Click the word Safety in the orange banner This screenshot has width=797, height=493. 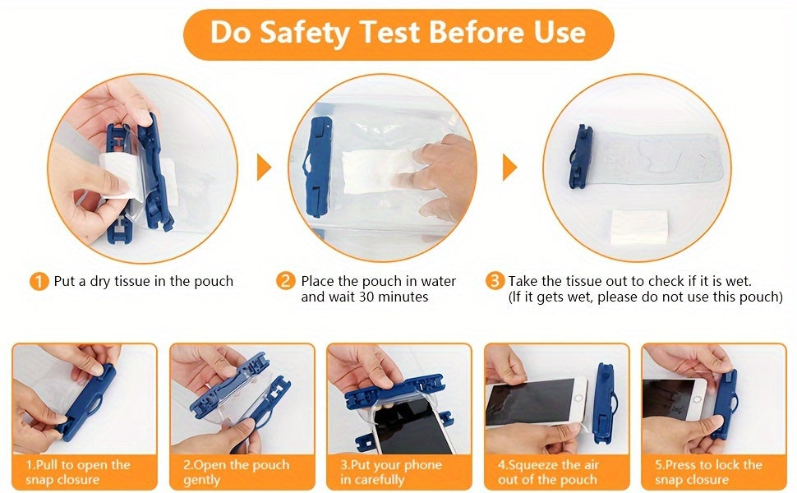pos(304,33)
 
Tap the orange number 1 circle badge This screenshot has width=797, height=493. pos(39,282)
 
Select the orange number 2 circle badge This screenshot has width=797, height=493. pos(286,281)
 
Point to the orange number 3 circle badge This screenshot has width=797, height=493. pos(495,281)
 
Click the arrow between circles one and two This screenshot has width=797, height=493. pos(264,168)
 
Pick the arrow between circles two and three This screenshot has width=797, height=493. pos(509,168)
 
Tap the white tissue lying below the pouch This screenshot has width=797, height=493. pos(639,227)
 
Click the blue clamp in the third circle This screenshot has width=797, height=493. pos(580,157)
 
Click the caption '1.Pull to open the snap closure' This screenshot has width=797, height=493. pos(78,472)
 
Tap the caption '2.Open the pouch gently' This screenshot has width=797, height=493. pos(237,472)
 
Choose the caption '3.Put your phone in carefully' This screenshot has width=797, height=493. pos(391,472)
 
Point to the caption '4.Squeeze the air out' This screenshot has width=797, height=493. pos(548,472)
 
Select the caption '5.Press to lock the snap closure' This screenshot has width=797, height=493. pos(708,472)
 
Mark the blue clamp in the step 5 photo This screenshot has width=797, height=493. pos(725,405)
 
